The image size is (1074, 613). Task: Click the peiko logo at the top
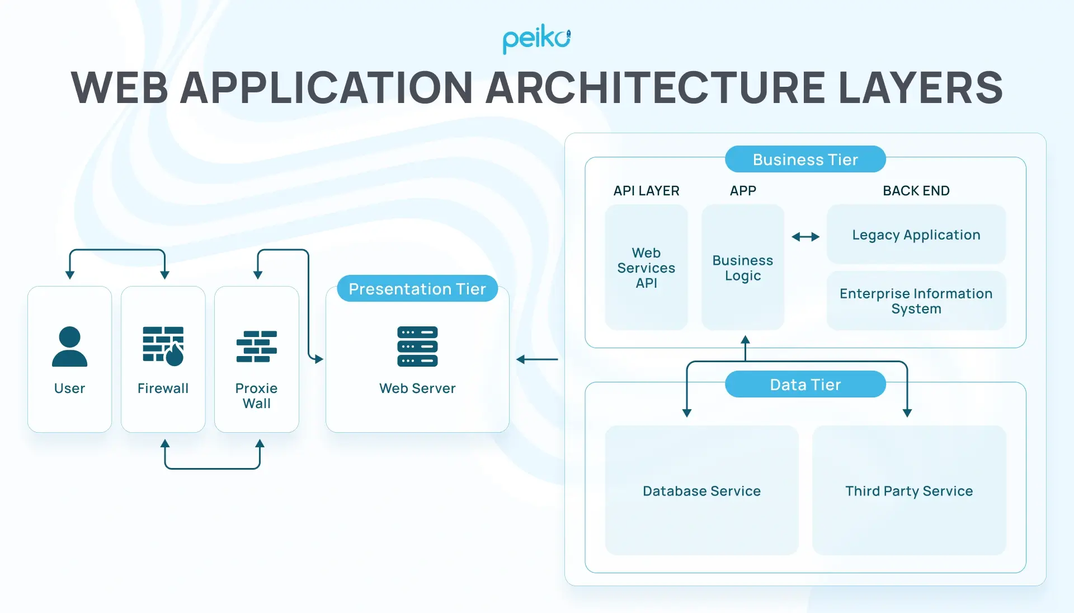click(x=536, y=39)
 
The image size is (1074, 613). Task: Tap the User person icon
click(x=69, y=347)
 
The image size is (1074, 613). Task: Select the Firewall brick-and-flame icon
click(x=163, y=346)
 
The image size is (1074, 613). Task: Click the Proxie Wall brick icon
click(x=256, y=347)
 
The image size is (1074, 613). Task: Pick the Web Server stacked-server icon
click(x=417, y=347)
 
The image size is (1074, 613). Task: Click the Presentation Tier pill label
click(x=417, y=289)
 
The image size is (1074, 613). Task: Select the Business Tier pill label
click(x=805, y=160)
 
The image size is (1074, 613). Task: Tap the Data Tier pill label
click(x=805, y=385)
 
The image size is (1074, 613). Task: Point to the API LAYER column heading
click(x=646, y=191)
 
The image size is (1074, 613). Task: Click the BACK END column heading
click(x=916, y=191)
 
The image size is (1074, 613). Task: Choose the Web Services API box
click(x=646, y=268)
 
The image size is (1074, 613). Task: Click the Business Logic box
click(x=742, y=268)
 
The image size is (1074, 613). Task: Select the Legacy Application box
click(x=916, y=235)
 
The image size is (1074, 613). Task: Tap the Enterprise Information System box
click(x=916, y=301)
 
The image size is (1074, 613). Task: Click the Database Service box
click(x=701, y=490)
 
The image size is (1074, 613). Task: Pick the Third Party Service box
click(x=909, y=490)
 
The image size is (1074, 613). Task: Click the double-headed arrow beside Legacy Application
click(x=805, y=237)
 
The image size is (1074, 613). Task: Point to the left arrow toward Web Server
click(x=537, y=359)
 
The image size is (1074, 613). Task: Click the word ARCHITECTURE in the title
click(x=655, y=88)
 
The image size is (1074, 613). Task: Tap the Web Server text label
click(x=417, y=389)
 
